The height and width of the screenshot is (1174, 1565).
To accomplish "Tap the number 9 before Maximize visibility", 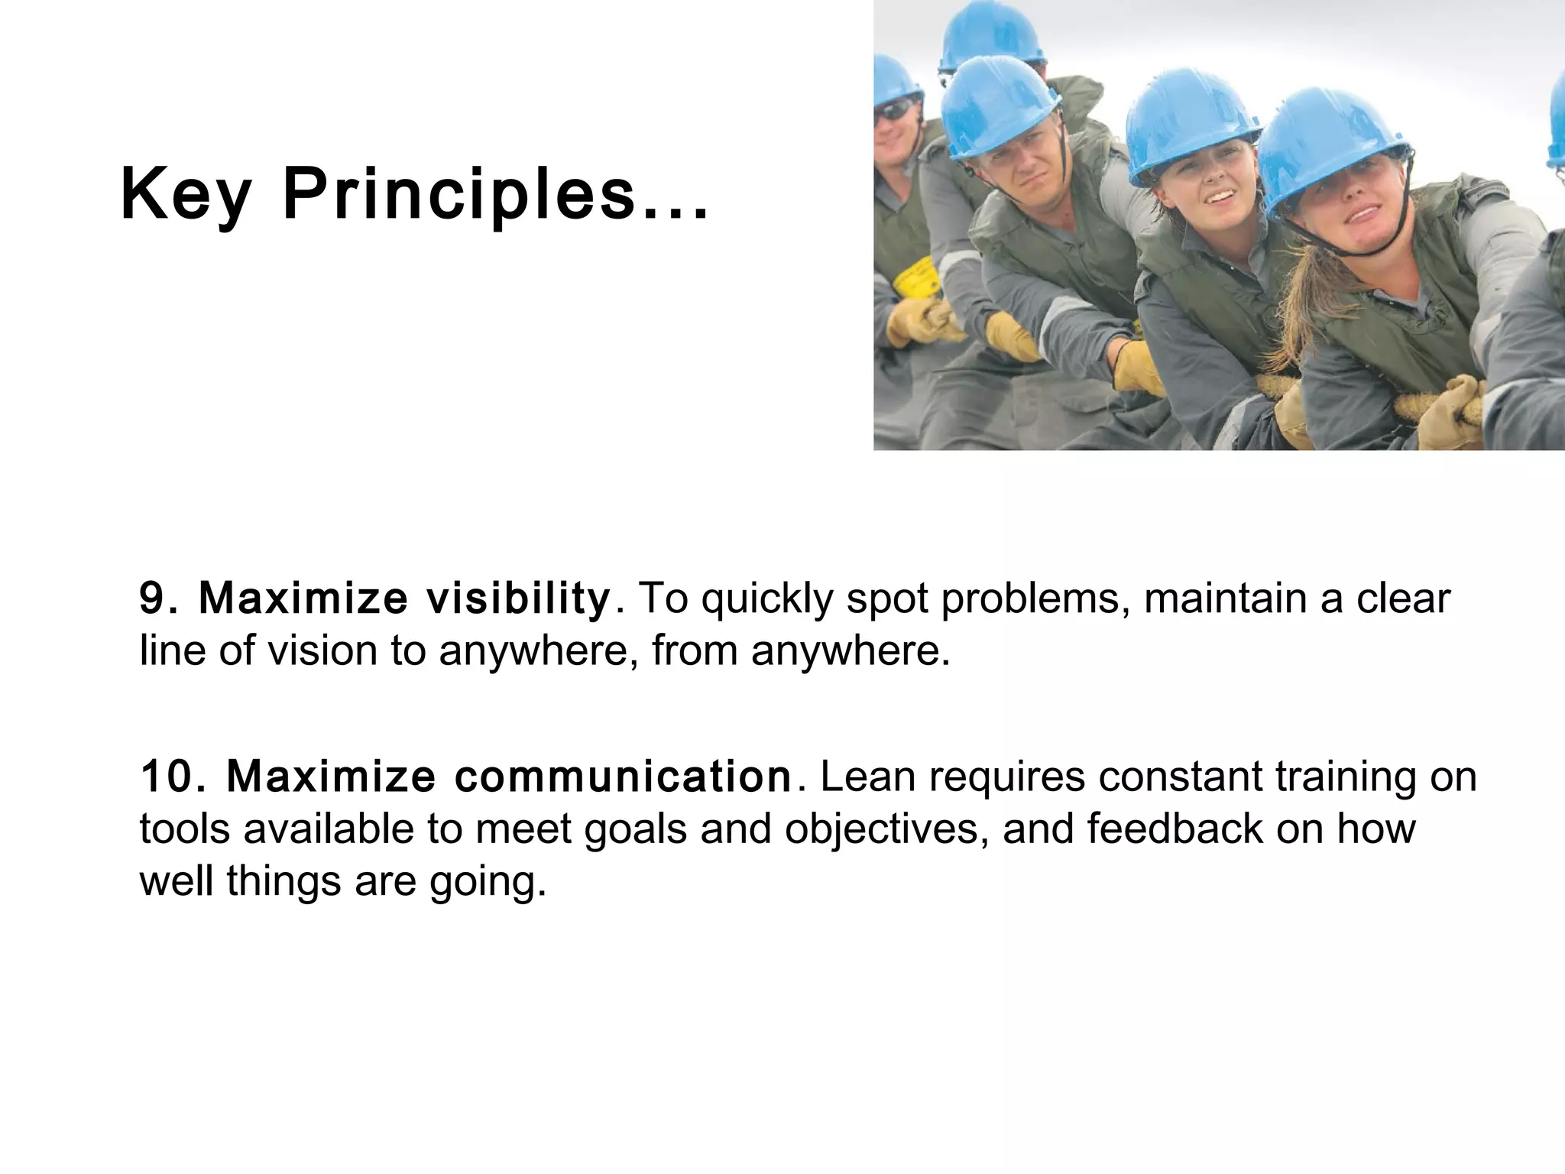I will [151, 598].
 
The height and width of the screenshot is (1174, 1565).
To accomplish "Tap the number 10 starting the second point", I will [170, 777].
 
